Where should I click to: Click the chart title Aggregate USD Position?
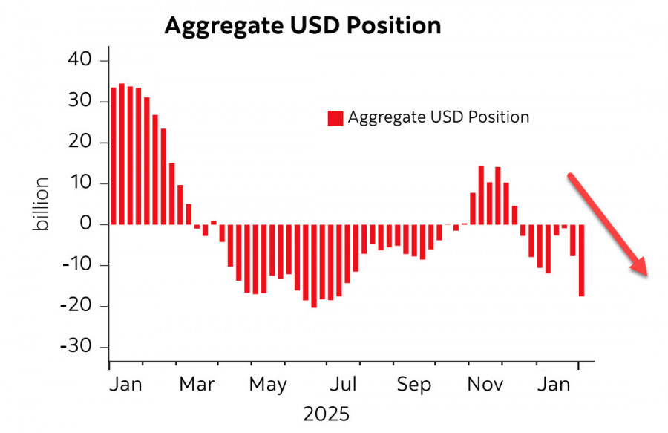[302, 26]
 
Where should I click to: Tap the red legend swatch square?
[335, 117]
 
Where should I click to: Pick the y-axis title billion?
[42, 204]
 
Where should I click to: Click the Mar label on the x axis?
[197, 385]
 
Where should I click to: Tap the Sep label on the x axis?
[414, 385]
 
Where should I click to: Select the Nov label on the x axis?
[487, 385]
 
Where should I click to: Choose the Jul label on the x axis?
[344, 385]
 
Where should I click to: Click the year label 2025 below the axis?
[326, 414]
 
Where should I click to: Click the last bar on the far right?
[581, 260]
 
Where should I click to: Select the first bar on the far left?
[114, 156]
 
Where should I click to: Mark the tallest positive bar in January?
[122, 154]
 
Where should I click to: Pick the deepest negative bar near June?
[314, 265]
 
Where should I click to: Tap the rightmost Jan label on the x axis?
[554, 385]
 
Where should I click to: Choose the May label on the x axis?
[268, 385]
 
